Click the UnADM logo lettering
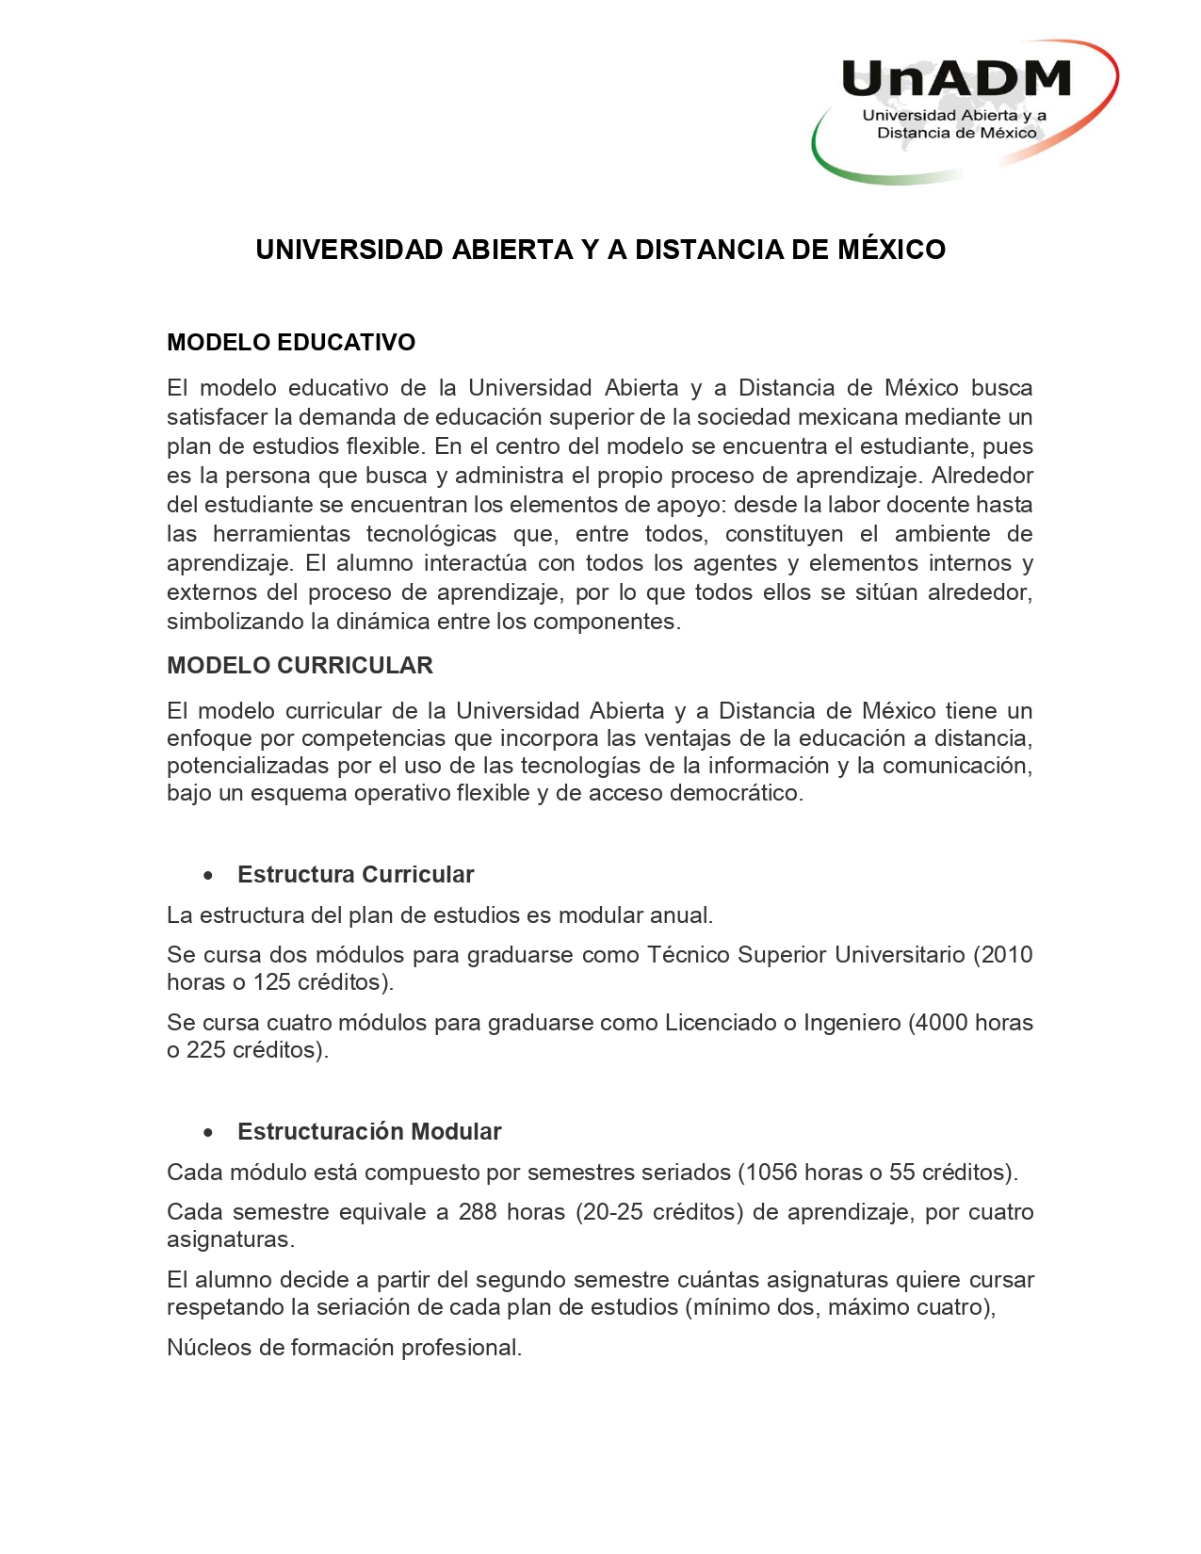pos(955,79)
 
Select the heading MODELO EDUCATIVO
pos(291,342)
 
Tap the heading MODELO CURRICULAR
pos(300,665)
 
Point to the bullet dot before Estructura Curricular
pos(208,876)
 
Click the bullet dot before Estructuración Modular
pos(208,1133)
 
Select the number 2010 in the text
pos(1007,954)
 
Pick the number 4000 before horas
pos(940,1022)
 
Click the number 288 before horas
pos(478,1211)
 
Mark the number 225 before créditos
pos(206,1049)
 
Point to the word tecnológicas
pos(431,534)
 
